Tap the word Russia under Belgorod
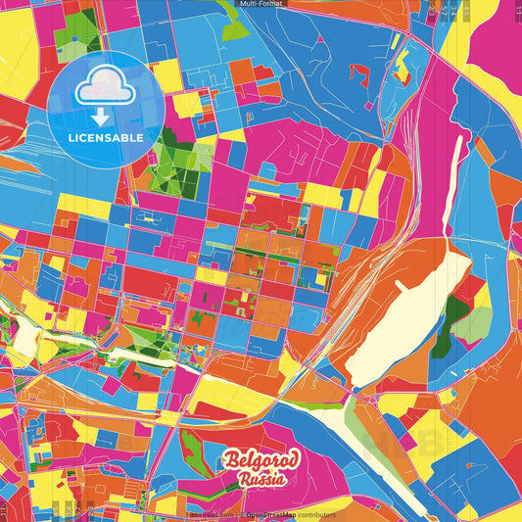(x=260, y=480)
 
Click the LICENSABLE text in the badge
(x=106, y=138)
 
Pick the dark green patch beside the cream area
(x=456, y=311)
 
